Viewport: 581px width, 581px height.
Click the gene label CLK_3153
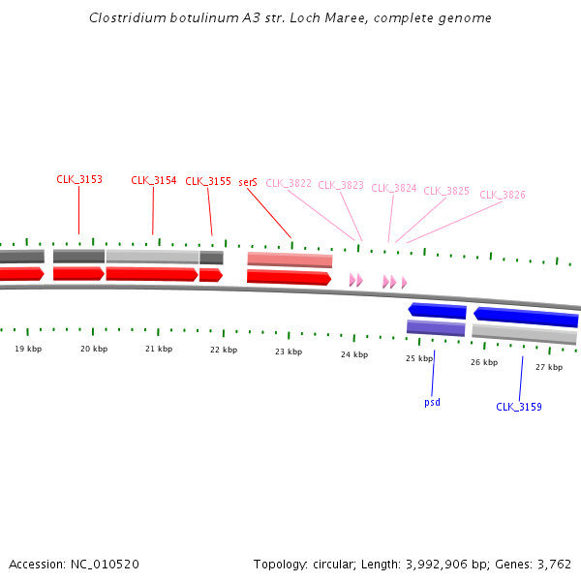(x=79, y=180)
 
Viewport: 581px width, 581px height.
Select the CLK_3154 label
(x=154, y=180)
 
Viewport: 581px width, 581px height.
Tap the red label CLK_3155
(x=208, y=181)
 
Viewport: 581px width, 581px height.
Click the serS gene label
(x=248, y=182)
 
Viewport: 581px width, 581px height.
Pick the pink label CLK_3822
(x=289, y=183)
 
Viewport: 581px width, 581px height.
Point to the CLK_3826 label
(x=503, y=195)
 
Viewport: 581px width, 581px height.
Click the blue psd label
(x=432, y=402)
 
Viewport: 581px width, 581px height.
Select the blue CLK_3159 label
(x=519, y=407)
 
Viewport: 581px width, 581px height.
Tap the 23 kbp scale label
(x=289, y=352)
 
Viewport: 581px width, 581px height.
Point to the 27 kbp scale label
(x=549, y=367)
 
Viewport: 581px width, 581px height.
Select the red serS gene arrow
(x=289, y=277)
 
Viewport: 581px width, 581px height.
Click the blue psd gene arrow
(x=438, y=311)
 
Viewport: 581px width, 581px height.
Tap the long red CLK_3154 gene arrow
(x=152, y=274)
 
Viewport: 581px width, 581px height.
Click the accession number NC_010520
(x=107, y=564)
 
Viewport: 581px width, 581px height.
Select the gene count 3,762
(x=553, y=564)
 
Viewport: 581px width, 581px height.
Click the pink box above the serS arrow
(x=290, y=260)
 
